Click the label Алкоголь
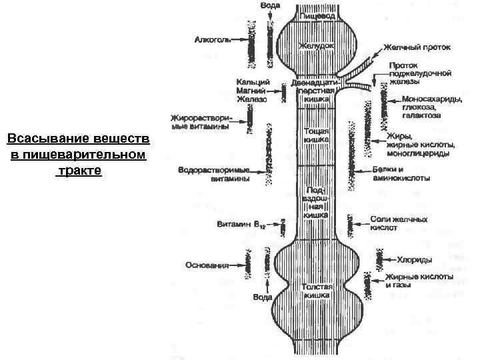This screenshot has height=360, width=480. coord(212,40)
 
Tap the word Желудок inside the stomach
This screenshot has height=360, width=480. coord(315,46)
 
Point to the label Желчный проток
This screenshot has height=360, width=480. coord(416,48)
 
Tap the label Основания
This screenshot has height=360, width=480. coord(207,265)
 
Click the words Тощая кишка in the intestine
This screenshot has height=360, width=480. coord(316,135)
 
